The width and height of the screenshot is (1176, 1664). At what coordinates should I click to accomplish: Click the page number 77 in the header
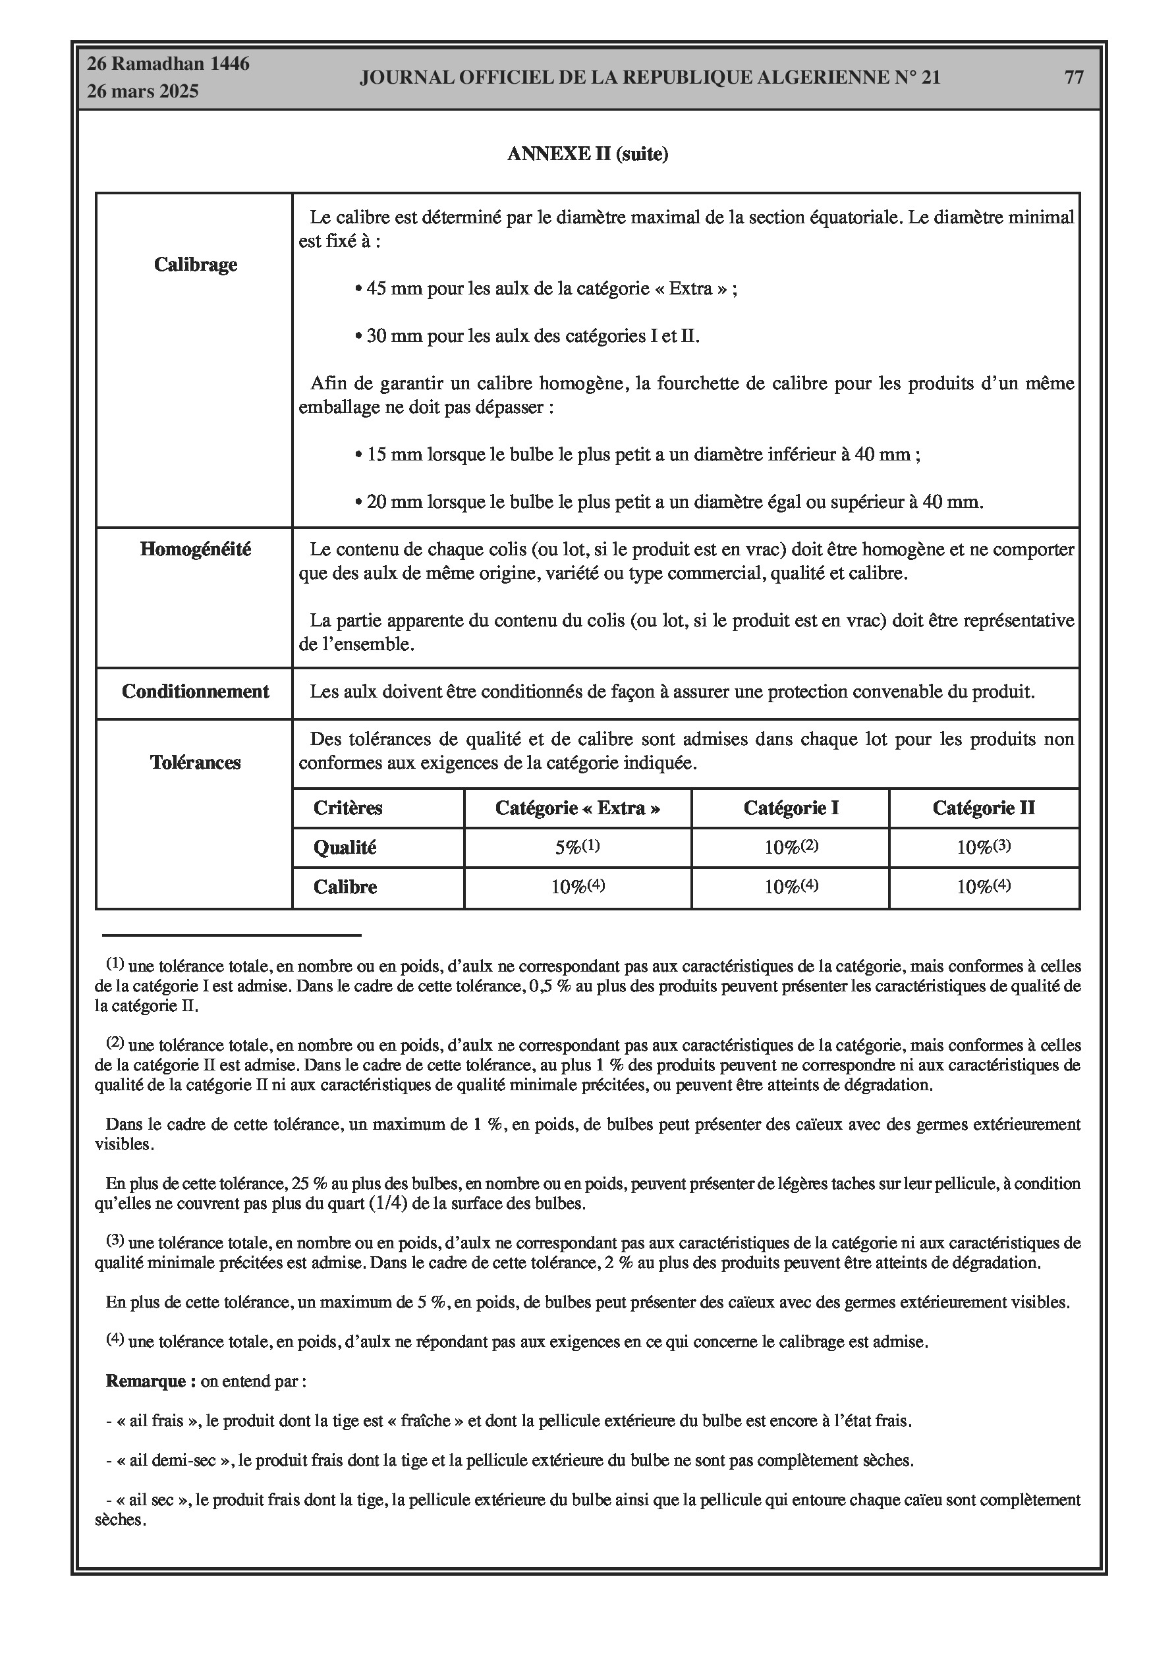(1074, 78)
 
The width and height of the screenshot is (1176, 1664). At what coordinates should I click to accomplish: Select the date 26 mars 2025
(143, 92)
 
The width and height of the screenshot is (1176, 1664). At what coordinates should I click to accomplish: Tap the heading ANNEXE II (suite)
(587, 154)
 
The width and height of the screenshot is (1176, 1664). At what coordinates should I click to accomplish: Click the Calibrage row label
(196, 265)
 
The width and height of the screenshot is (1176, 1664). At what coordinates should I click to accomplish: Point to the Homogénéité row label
(195, 549)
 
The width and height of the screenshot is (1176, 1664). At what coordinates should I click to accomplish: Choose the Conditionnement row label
(195, 692)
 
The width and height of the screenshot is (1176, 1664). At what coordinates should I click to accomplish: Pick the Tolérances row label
(195, 762)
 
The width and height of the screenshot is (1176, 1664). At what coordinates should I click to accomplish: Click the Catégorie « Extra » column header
(578, 808)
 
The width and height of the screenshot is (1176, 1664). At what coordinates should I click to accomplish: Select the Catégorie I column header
(791, 808)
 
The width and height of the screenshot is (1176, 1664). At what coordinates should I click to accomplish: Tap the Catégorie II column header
(984, 808)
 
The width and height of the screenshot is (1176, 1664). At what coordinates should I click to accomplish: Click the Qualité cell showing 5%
(578, 847)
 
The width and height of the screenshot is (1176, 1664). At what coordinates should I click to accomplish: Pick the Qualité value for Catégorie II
(984, 847)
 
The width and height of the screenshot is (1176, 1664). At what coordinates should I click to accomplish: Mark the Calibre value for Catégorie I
(791, 887)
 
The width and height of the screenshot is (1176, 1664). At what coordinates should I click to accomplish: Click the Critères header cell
(348, 808)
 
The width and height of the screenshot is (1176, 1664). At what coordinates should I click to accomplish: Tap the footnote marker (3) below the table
(115, 1240)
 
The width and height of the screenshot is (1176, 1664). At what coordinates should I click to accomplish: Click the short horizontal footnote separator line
(232, 935)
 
